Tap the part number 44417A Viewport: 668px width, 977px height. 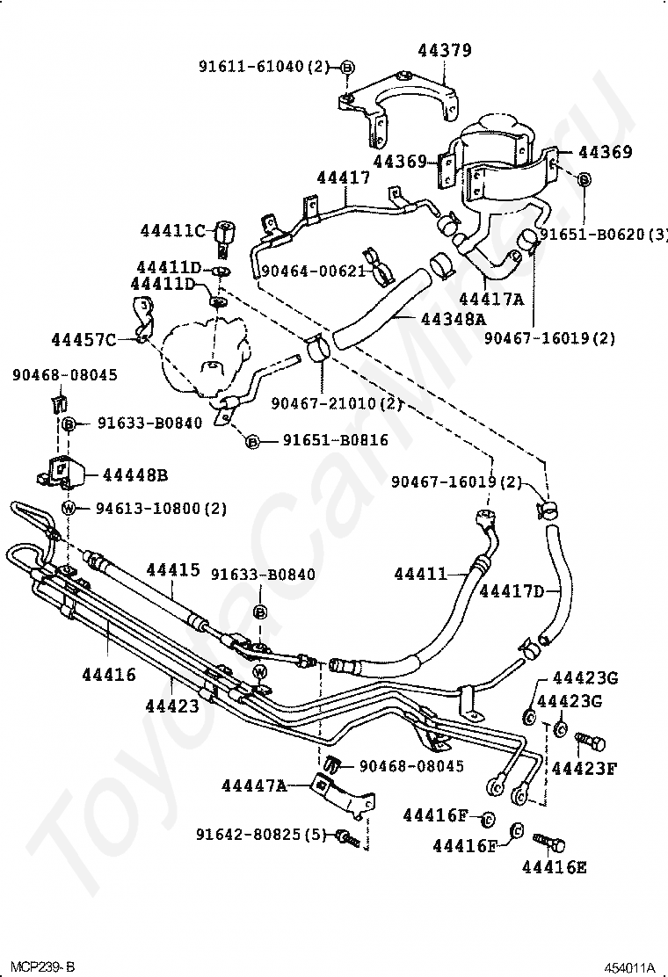pyautogui.click(x=490, y=299)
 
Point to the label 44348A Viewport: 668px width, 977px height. pyautogui.click(x=429, y=318)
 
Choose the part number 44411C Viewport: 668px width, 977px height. pyautogui.click(x=172, y=231)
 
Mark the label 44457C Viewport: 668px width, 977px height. pyautogui.click(x=83, y=339)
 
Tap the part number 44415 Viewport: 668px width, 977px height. pyautogui.click(x=173, y=570)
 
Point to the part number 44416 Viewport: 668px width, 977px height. pyautogui.click(x=109, y=675)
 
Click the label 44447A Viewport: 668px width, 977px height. pyautogui.click(x=254, y=785)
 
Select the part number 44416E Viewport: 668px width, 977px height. pyautogui.click(x=554, y=868)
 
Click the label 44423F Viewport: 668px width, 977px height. pyautogui.click(x=584, y=768)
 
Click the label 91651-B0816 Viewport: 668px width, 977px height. pyautogui.click(x=335, y=441)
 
